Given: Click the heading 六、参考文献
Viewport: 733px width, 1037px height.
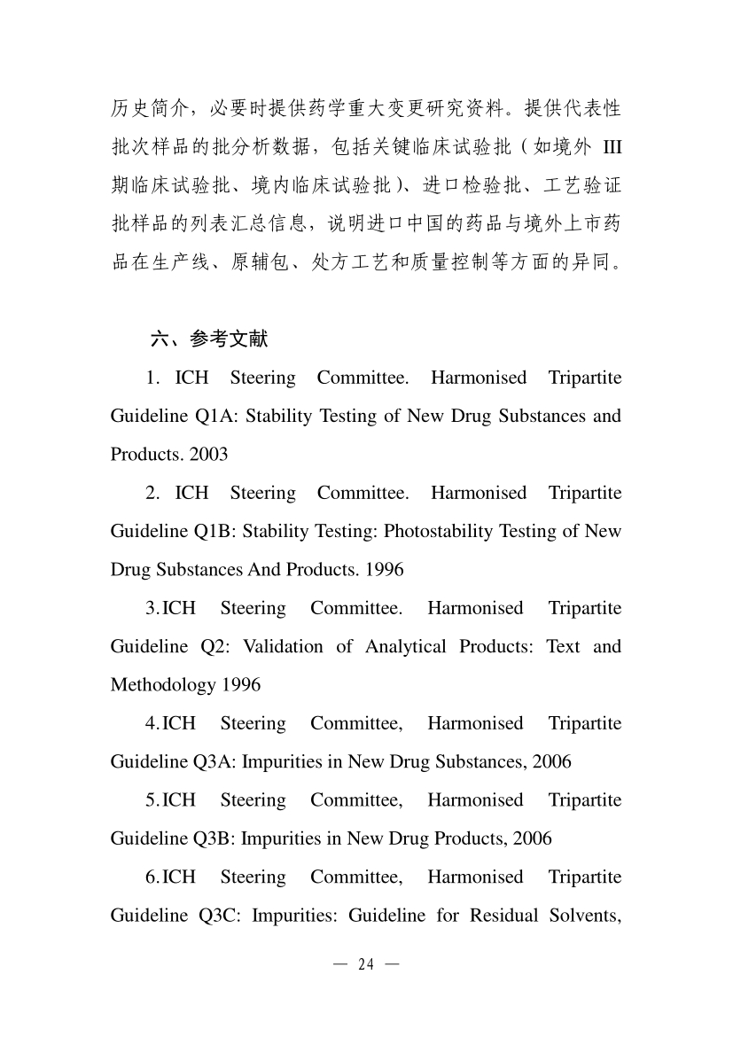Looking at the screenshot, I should click(x=209, y=339).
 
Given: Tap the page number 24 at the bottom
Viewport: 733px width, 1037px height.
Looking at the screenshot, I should click(x=366, y=965).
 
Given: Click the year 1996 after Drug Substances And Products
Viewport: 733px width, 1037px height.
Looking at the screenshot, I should click(x=385, y=569).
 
